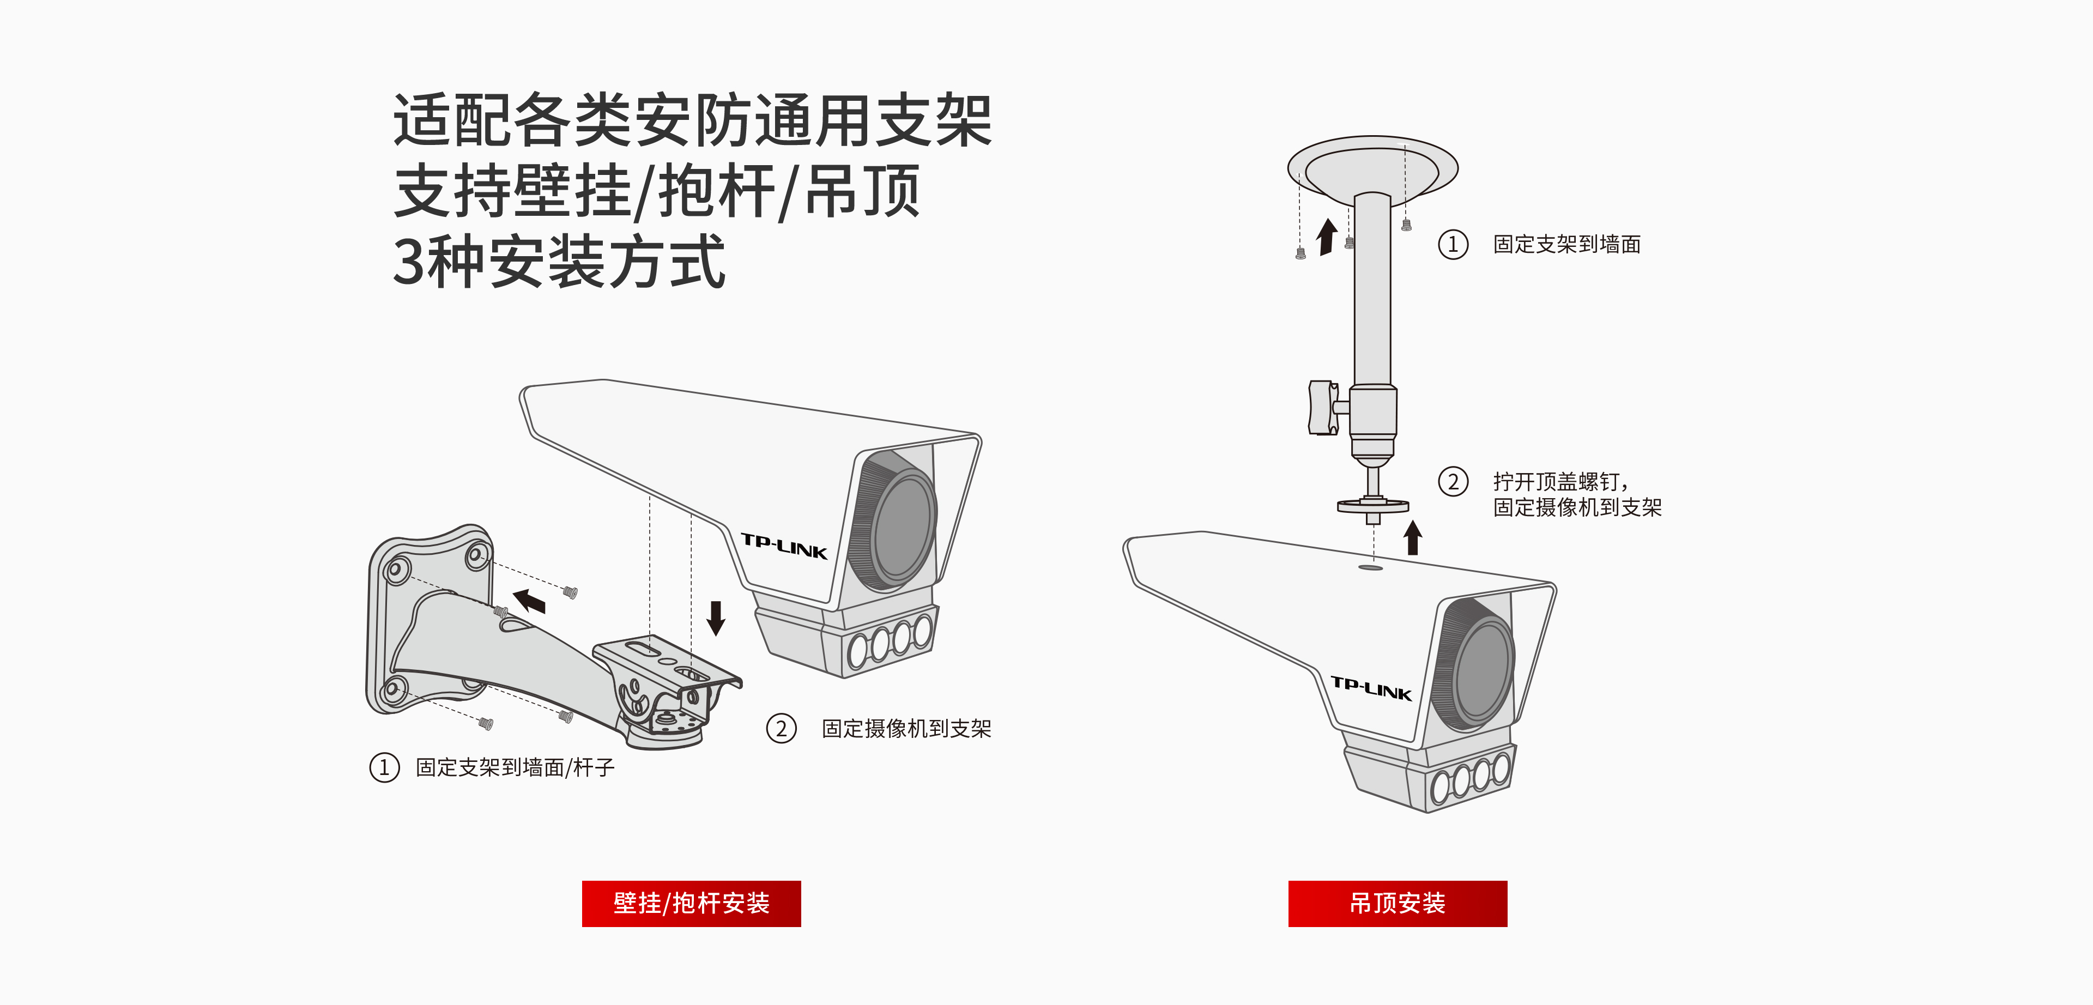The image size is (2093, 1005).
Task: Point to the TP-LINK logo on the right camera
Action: pyautogui.click(x=1371, y=688)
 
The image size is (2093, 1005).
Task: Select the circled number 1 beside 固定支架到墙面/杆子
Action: pyautogui.click(x=384, y=767)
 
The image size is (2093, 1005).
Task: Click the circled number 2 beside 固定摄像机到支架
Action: pyautogui.click(x=781, y=728)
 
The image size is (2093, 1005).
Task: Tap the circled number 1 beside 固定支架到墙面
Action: pyautogui.click(x=1453, y=244)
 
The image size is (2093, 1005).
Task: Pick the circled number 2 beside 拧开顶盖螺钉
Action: pyautogui.click(x=1453, y=482)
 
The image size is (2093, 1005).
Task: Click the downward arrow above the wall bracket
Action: pyautogui.click(x=715, y=617)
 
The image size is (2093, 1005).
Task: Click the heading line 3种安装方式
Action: pyautogui.click(x=559, y=262)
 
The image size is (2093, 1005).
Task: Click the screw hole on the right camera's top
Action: pyautogui.click(x=1371, y=568)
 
